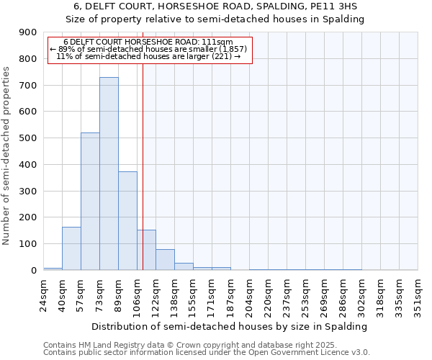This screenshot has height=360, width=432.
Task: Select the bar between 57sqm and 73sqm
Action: coord(90,202)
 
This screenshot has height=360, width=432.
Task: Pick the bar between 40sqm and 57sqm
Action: coord(71,248)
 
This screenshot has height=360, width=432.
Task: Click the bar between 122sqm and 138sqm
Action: coord(165,259)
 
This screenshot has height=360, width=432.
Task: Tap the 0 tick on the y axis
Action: coord(33,270)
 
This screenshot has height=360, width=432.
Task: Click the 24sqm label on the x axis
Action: coord(43,294)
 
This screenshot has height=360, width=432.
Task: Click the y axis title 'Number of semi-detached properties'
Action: coord(8,156)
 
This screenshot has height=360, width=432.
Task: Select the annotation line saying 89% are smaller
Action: coord(148,49)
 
